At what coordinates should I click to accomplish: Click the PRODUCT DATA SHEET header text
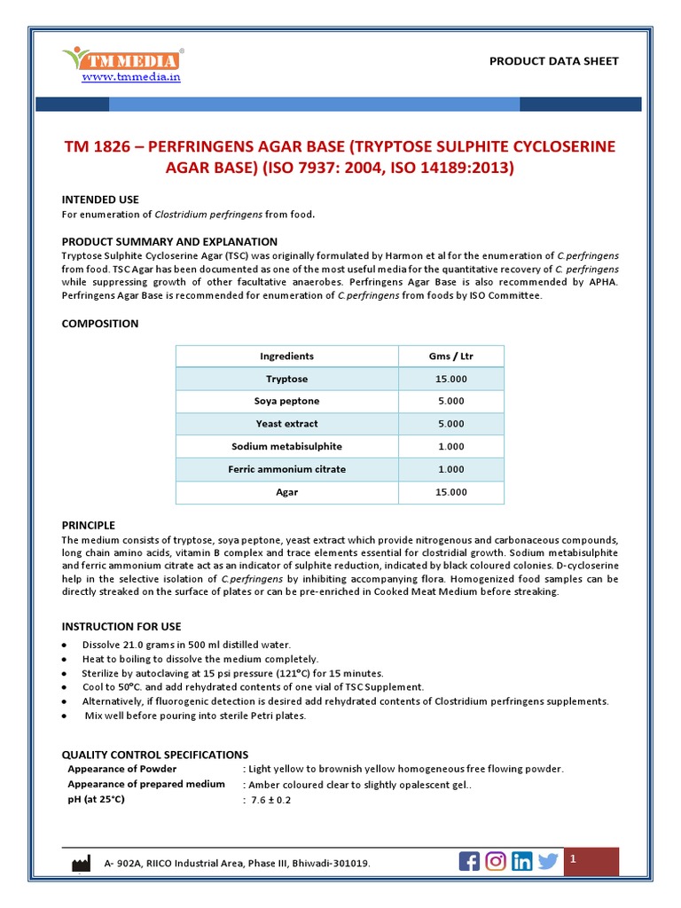(554, 61)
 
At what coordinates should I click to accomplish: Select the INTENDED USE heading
(100, 200)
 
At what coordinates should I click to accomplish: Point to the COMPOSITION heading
(100, 324)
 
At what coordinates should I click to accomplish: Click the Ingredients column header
(286, 356)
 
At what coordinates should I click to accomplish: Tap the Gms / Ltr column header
(450, 356)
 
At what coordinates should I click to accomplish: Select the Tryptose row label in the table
(286, 379)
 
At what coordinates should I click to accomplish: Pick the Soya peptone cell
(286, 402)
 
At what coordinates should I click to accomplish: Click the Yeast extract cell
(286, 424)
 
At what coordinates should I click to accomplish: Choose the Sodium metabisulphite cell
(286, 447)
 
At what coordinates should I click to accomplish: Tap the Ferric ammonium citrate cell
(286, 469)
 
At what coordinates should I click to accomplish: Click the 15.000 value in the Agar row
(450, 492)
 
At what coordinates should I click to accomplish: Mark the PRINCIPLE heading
(89, 526)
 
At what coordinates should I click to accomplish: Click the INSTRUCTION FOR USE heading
(121, 627)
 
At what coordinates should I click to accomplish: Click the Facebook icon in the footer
(469, 861)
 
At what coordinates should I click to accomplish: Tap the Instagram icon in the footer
(497, 861)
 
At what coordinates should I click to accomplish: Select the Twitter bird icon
(548, 861)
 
